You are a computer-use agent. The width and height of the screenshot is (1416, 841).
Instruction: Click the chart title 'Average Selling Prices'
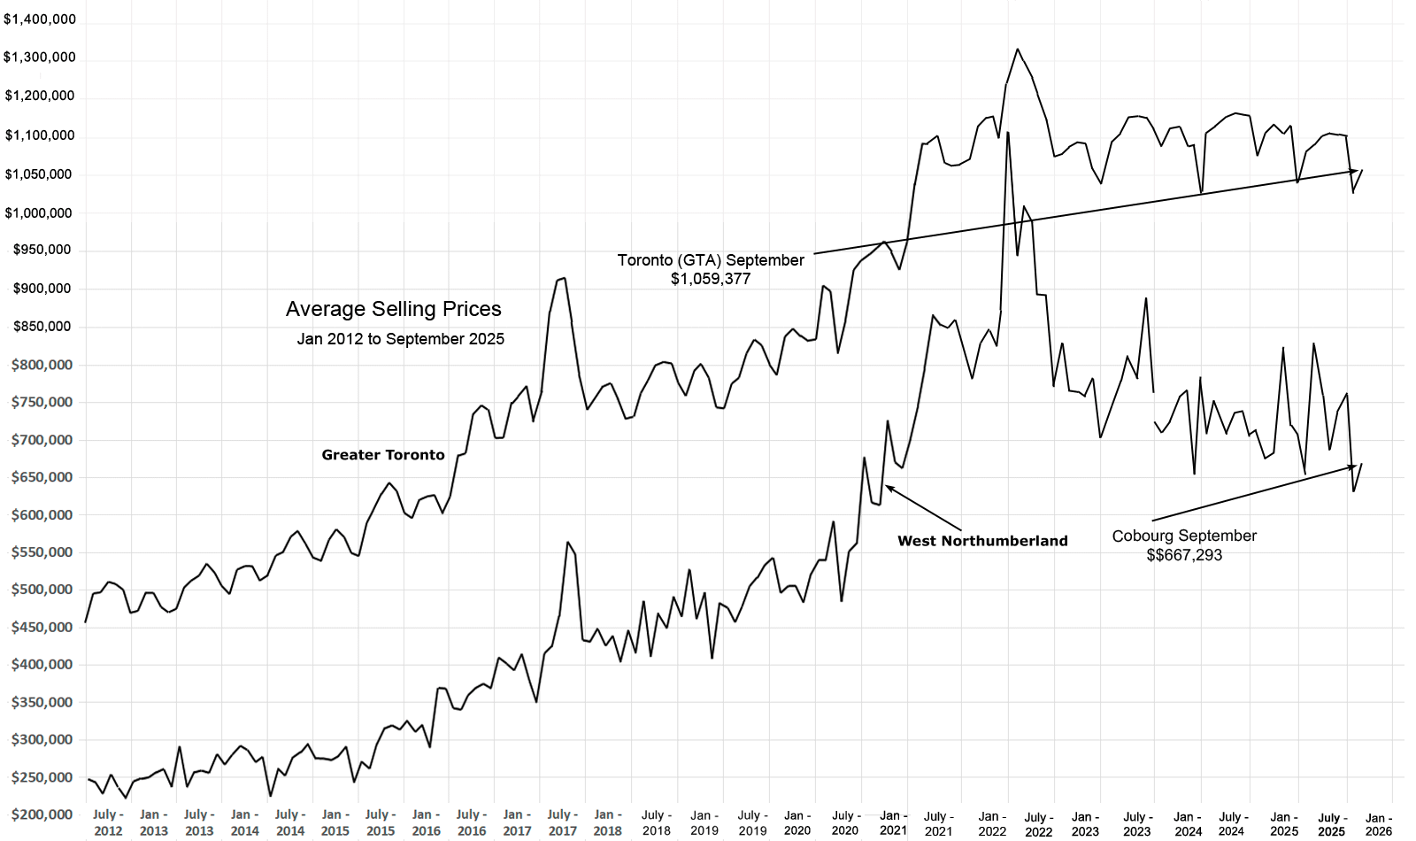coord(393,309)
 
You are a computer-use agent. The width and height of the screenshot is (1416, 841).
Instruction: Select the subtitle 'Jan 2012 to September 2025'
coord(400,339)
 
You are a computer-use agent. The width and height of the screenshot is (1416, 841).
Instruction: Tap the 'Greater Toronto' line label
coord(383,455)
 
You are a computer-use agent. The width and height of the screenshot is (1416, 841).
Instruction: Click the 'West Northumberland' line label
coord(982,541)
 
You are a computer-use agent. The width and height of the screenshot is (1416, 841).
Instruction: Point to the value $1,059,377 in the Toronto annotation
coord(711,279)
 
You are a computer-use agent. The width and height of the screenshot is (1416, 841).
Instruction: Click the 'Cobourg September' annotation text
coord(1184,536)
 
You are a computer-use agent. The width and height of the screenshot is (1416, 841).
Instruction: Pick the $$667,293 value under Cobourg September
coord(1184,555)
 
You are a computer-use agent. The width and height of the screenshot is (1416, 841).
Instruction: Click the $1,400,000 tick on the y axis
coord(40,19)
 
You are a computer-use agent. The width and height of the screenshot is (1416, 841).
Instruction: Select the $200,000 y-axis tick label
coord(42,814)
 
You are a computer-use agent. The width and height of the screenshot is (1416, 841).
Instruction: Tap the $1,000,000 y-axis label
coord(40,212)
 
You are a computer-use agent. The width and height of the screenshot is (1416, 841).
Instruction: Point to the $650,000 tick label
coord(42,477)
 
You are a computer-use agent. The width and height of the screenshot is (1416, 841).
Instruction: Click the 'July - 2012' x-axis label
coord(107,822)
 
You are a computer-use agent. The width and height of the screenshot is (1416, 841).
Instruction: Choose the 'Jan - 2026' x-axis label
coord(1378,824)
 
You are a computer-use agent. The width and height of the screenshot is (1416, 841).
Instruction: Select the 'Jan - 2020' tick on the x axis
coord(796,823)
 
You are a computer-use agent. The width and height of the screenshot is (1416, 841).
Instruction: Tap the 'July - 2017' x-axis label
coord(562,822)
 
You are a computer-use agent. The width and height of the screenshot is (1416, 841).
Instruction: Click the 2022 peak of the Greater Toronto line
coord(1018,50)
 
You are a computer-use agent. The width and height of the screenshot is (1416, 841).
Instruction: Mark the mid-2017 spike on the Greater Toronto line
coord(564,279)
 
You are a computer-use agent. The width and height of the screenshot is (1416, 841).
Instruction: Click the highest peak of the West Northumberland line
coord(1008,133)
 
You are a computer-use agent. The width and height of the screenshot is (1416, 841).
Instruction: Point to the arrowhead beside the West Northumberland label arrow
coord(889,487)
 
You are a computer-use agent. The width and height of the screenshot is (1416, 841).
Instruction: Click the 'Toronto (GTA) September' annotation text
coord(711,260)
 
